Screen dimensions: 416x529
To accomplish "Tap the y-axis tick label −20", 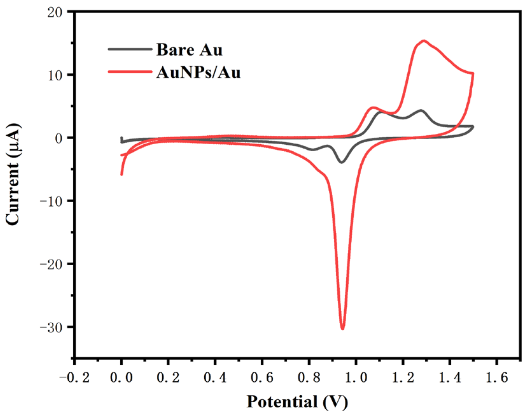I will point(53,264).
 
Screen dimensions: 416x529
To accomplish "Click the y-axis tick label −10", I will point(53,201).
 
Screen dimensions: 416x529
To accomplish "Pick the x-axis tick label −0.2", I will point(74,378).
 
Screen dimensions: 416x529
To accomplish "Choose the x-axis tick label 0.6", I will point(262,378).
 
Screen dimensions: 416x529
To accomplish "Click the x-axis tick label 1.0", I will point(356,378).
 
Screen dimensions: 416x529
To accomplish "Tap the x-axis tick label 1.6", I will point(496,378).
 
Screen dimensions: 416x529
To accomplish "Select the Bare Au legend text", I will point(189,50).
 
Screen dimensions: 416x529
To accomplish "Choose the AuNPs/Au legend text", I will point(198,73).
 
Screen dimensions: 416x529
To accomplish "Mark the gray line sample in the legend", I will point(130,49).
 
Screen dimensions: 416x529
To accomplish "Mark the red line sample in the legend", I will point(130,72).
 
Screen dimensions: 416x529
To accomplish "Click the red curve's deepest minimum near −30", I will point(342,328).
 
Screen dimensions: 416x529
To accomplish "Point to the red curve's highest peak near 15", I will point(424,41).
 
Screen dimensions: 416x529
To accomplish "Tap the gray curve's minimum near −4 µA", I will point(342,162).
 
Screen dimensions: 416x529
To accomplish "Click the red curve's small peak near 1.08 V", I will point(374,108).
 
